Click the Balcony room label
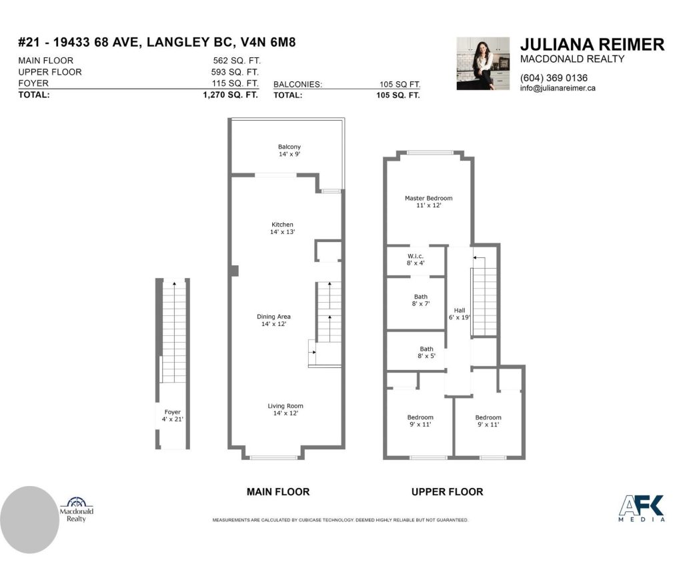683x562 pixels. coord(289,151)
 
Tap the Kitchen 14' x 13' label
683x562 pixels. coord(282,228)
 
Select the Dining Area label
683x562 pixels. coord(273,320)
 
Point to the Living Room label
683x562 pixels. coord(285,409)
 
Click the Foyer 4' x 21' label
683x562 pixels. coord(173,415)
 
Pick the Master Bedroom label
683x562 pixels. coord(429,201)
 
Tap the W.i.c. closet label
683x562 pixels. coord(416,259)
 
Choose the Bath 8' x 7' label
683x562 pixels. coord(421,300)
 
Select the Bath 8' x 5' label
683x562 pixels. coord(426,352)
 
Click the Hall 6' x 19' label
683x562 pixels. coord(460,314)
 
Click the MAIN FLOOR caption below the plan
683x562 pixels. coord(278,492)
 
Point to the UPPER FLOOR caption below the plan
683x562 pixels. coord(448,492)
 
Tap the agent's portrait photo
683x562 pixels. coord(483,63)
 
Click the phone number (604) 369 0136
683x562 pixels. coord(554,78)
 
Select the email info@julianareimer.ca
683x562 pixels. coord(558,88)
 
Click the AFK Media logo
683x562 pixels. coord(642,508)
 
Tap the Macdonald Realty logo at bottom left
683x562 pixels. coord(76,509)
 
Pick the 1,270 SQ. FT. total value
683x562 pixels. coord(230,95)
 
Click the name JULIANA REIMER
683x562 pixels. coord(592,45)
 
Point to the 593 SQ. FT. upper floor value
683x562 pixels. coord(235,72)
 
